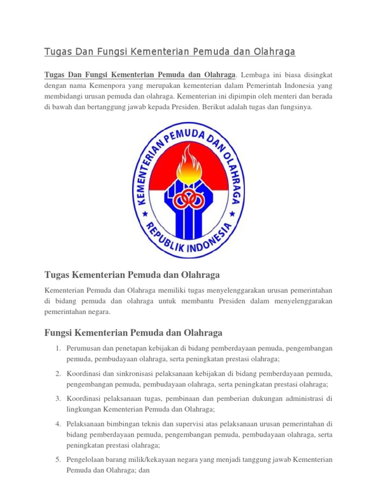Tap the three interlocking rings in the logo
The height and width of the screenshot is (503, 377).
point(188,198)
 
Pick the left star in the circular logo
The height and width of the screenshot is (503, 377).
point(145,214)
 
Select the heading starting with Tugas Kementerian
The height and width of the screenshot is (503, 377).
point(132,274)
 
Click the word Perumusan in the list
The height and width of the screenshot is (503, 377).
point(83,348)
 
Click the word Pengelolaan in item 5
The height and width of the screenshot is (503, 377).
point(86,460)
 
